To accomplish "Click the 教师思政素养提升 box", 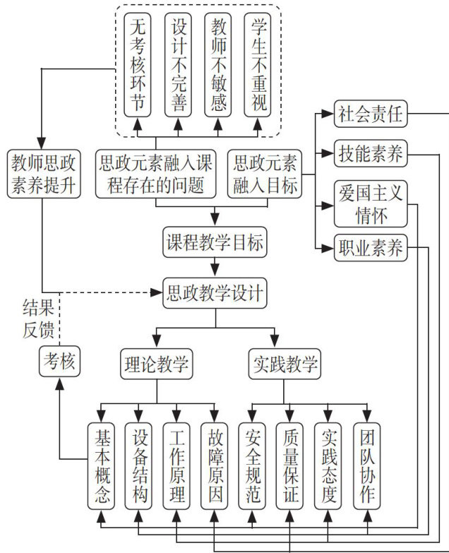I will coord(42,174).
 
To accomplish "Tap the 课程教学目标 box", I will coord(214,244).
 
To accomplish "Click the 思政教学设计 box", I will coord(214,291).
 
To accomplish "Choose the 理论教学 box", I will coord(155,365).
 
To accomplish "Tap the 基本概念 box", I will coord(102,465).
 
